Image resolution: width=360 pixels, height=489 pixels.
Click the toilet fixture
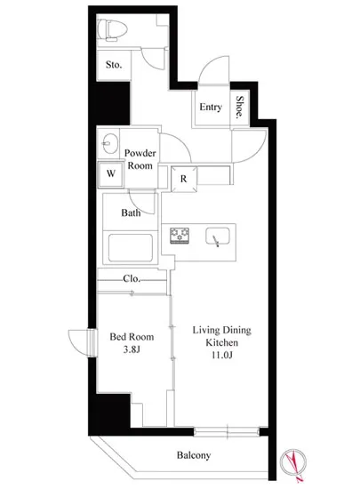pos(112,30)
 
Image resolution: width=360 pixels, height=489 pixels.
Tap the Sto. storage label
pos(114,65)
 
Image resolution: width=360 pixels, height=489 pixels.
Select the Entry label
pos(211,108)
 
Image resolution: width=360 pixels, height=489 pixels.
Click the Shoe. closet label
pos(240,107)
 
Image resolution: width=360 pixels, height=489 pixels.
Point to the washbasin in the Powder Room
pos(110,143)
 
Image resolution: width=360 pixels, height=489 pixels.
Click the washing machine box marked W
pos(110,174)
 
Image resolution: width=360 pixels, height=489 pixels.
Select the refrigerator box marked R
pos(184,179)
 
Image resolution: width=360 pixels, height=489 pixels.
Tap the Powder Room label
pos(140,159)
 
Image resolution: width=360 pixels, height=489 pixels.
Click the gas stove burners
pos(180,236)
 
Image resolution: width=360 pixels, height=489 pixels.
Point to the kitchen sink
pos(217,236)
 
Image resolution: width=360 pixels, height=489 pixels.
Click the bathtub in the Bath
pos(131,248)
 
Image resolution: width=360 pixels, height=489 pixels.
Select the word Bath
pos(131,213)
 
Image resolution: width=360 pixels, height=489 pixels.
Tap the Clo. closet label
pos(132,278)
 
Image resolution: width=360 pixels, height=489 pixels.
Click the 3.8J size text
pos(132,349)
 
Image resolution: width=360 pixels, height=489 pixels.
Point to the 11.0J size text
pos(222,355)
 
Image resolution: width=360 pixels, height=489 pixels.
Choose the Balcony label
pos(194,455)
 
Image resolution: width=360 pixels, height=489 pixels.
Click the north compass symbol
pos(293,462)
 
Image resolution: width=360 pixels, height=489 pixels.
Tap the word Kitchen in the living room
pos(222,342)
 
